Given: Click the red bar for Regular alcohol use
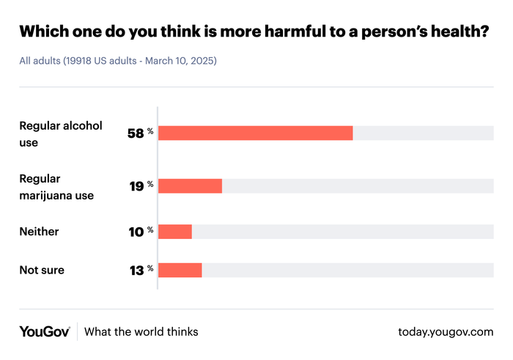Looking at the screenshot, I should click(255, 133).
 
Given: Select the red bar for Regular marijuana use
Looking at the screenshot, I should click(190, 186).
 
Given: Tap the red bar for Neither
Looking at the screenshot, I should click(175, 232).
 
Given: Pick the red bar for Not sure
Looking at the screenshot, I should click(180, 270).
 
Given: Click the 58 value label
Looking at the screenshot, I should click(135, 133).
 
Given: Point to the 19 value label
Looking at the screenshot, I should click(136, 186).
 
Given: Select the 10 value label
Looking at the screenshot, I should click(136, 232).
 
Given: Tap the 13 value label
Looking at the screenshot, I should click(136, 270).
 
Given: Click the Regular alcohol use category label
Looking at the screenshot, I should click(60, 133).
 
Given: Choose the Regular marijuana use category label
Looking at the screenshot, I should click(56, 186).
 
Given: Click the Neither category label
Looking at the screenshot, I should click(39, 232).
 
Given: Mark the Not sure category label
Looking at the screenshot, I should click(41, 270).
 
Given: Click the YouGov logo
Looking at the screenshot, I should click(44, 332).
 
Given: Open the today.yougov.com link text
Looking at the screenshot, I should click(446, 332).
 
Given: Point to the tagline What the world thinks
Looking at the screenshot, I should click(141, 332).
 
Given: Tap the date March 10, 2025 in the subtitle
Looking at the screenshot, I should click(180, 60).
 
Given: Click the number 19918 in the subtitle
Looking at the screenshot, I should click(78, 60).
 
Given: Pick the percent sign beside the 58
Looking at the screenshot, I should click(150, 131).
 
